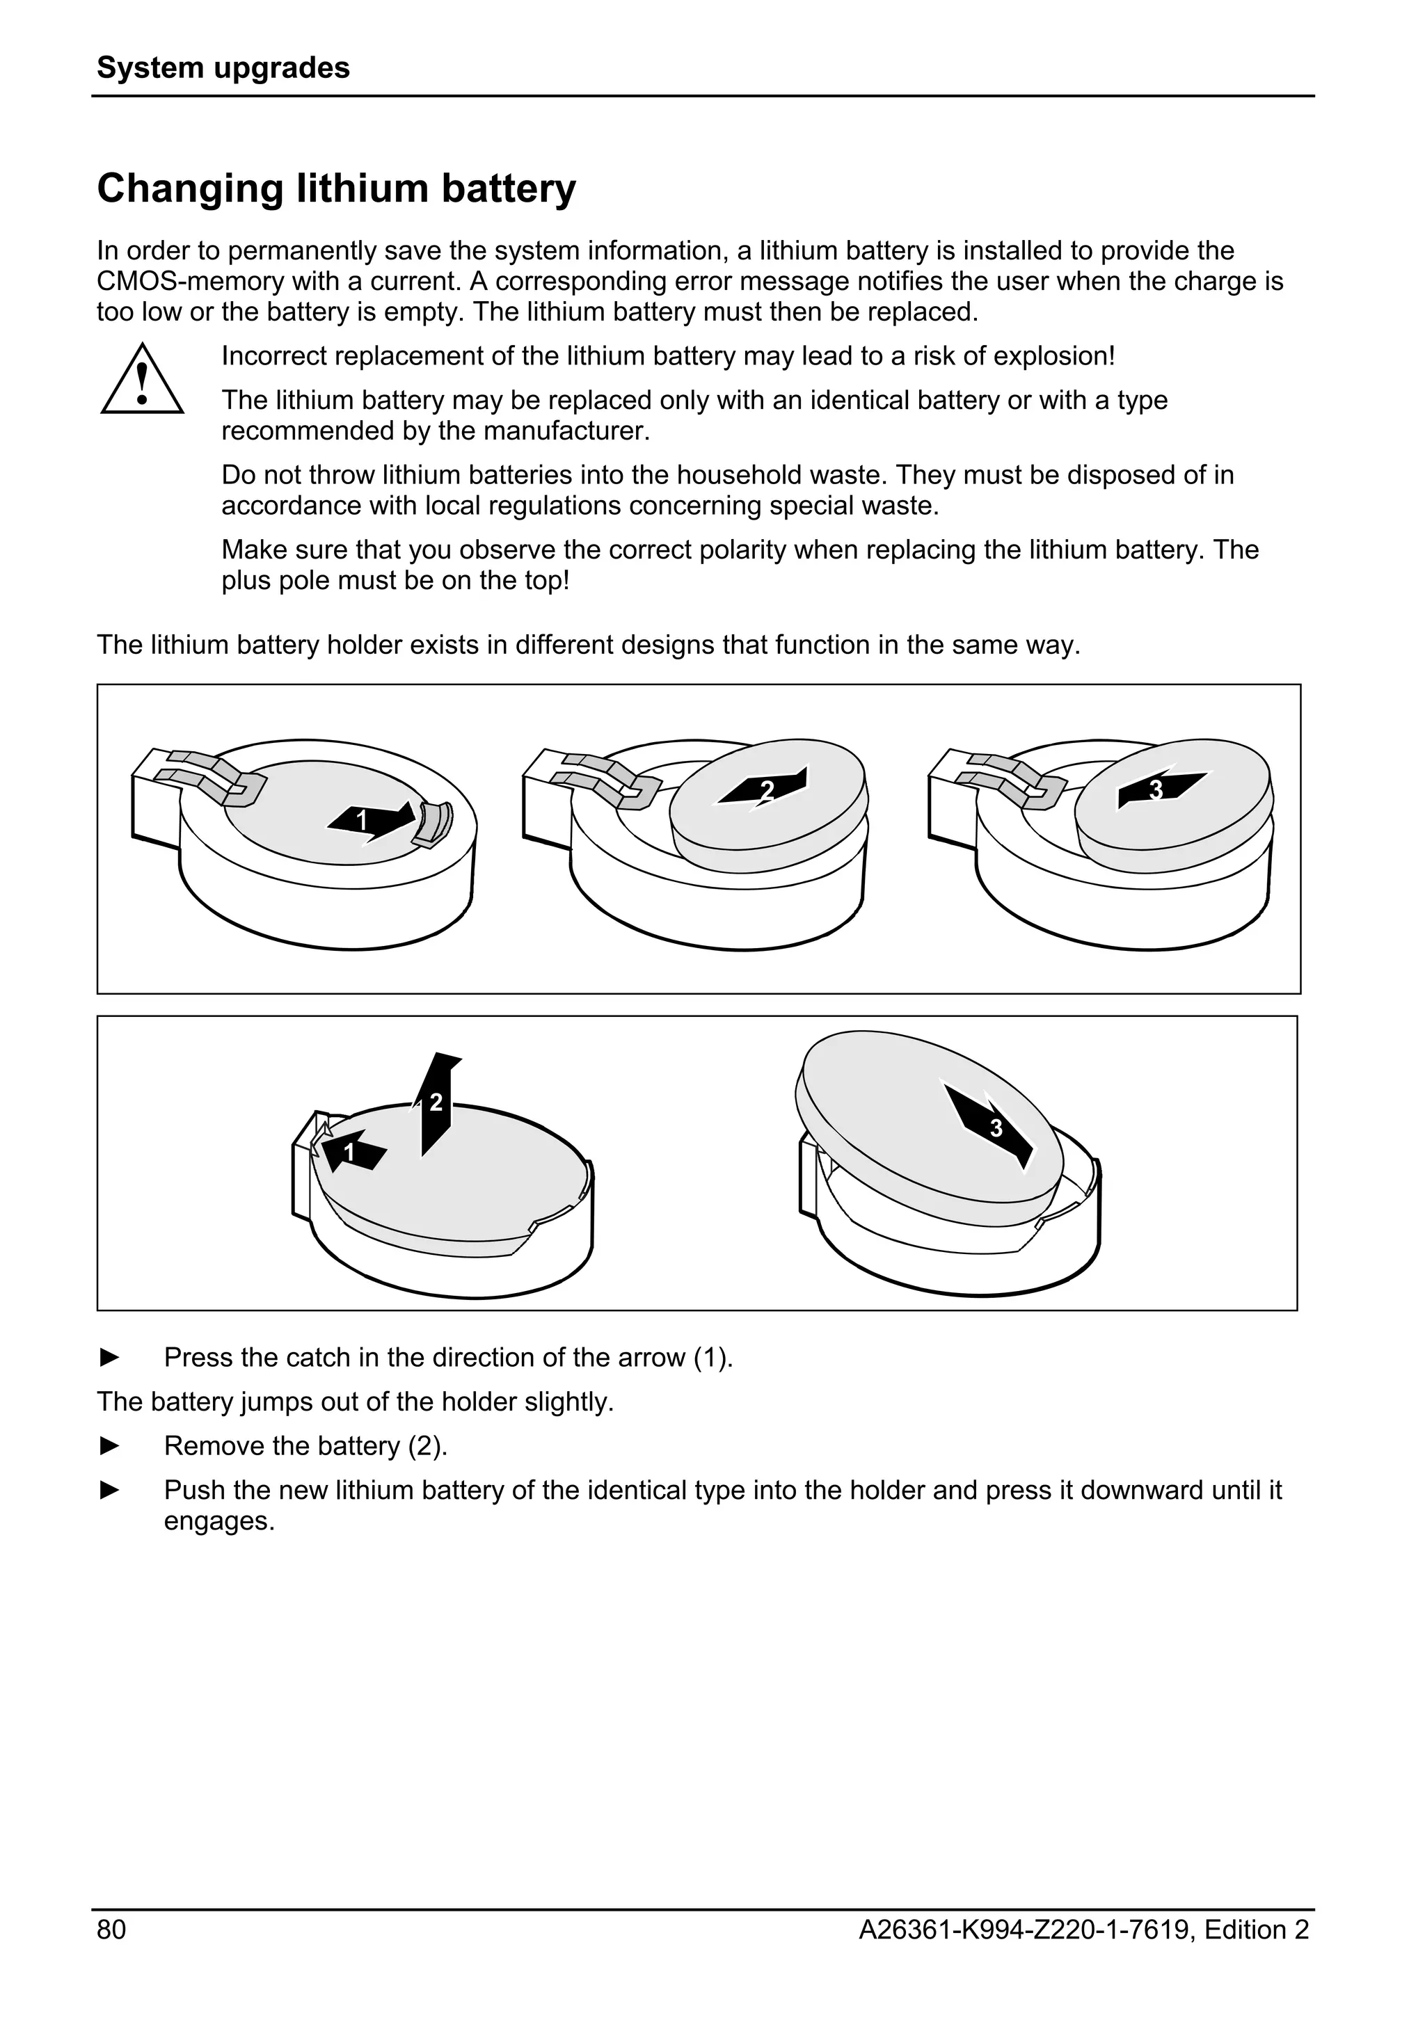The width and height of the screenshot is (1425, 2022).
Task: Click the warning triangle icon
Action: [x=142, y=380]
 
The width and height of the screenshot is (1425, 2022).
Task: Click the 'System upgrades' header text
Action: [x=223, y=67]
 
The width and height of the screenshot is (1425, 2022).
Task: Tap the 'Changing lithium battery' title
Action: [x=337, y=188]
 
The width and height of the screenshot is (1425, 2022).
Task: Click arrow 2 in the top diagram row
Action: [x=763, y=788]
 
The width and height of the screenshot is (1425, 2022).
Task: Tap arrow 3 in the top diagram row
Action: [x=1161, y=788]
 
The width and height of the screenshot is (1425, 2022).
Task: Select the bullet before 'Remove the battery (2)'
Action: [x=110, y=1446]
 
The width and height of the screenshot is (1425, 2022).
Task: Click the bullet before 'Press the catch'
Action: [x=110, y=1357]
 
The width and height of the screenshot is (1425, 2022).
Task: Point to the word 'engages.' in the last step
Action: [x=219, y=1521]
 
